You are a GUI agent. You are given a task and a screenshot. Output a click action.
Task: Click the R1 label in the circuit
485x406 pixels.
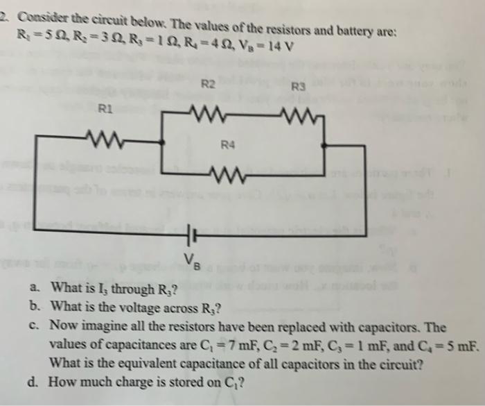pyautogui.click(x=104, y=108)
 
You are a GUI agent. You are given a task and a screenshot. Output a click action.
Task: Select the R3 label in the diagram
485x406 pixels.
pyautogui.click(x=299, y=87)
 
